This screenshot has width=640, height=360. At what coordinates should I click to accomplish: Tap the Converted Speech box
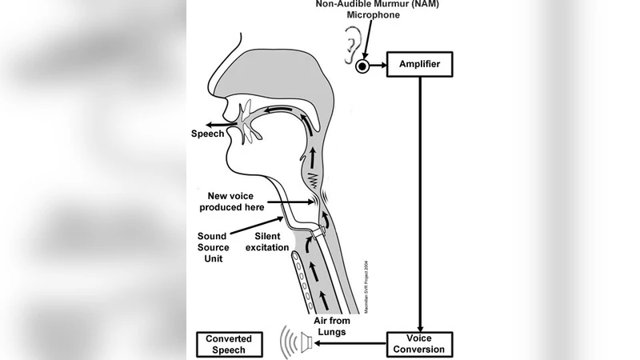click(x=230, y=344)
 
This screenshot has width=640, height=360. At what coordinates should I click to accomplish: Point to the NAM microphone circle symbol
click(x=363, y=66)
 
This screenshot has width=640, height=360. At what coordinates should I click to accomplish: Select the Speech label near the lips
click(x=207, y=134)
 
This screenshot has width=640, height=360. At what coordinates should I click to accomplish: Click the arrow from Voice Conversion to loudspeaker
click(x=349, y=344)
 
